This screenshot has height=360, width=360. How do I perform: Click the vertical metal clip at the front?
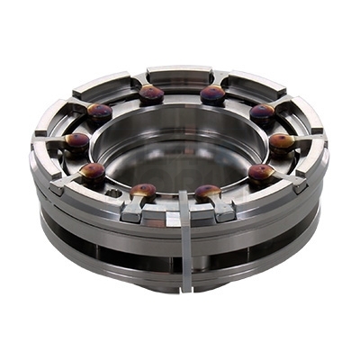[x=185, y=243]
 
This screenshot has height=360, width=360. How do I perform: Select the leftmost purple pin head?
[x=77, y=141]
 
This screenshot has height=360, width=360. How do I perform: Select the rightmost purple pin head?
[x=282, y=141]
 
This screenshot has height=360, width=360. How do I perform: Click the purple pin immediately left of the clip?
[x=143, y=190]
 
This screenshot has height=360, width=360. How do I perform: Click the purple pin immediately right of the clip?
[x=208, y=192]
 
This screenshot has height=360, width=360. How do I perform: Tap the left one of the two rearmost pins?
[x=151, y=92]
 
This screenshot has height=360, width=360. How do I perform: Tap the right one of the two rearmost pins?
[x=212, y=93]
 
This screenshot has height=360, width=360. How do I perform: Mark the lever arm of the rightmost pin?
[x=304, y=137]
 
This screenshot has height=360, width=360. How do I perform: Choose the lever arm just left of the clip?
[x=133, y=210]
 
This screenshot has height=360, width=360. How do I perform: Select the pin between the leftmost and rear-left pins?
[x=99, y=111]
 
